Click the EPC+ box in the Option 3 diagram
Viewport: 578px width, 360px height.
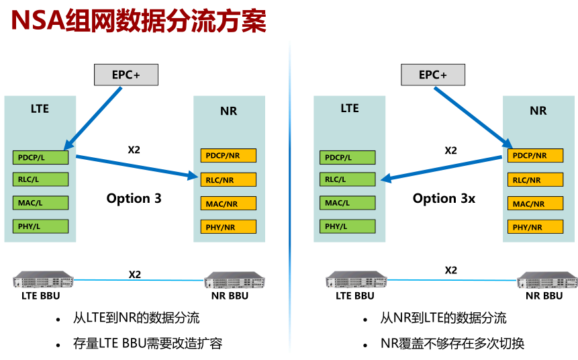click(x=126, y=75)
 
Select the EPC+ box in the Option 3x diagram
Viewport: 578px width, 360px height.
click(x=433, y=75)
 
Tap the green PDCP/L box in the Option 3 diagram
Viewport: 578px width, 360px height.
click(x=40, y=158)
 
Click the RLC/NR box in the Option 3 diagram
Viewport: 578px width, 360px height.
click(x=228, y=179)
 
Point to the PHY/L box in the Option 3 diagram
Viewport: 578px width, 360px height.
click(x=40, y=226)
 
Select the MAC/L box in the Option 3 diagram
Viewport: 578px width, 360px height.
click(x=40, y=203)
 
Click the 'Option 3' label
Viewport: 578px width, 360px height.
click(x=134, y=198)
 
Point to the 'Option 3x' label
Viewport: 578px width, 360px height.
click(x=444, y=198)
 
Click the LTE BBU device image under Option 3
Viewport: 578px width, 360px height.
click(x=44, y=279)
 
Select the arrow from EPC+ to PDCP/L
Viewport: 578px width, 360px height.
click(x=94, y=118)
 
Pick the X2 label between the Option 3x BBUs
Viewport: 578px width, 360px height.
click(x=451, y=270)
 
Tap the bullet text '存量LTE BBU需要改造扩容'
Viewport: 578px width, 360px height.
click(x=148, y=344)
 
